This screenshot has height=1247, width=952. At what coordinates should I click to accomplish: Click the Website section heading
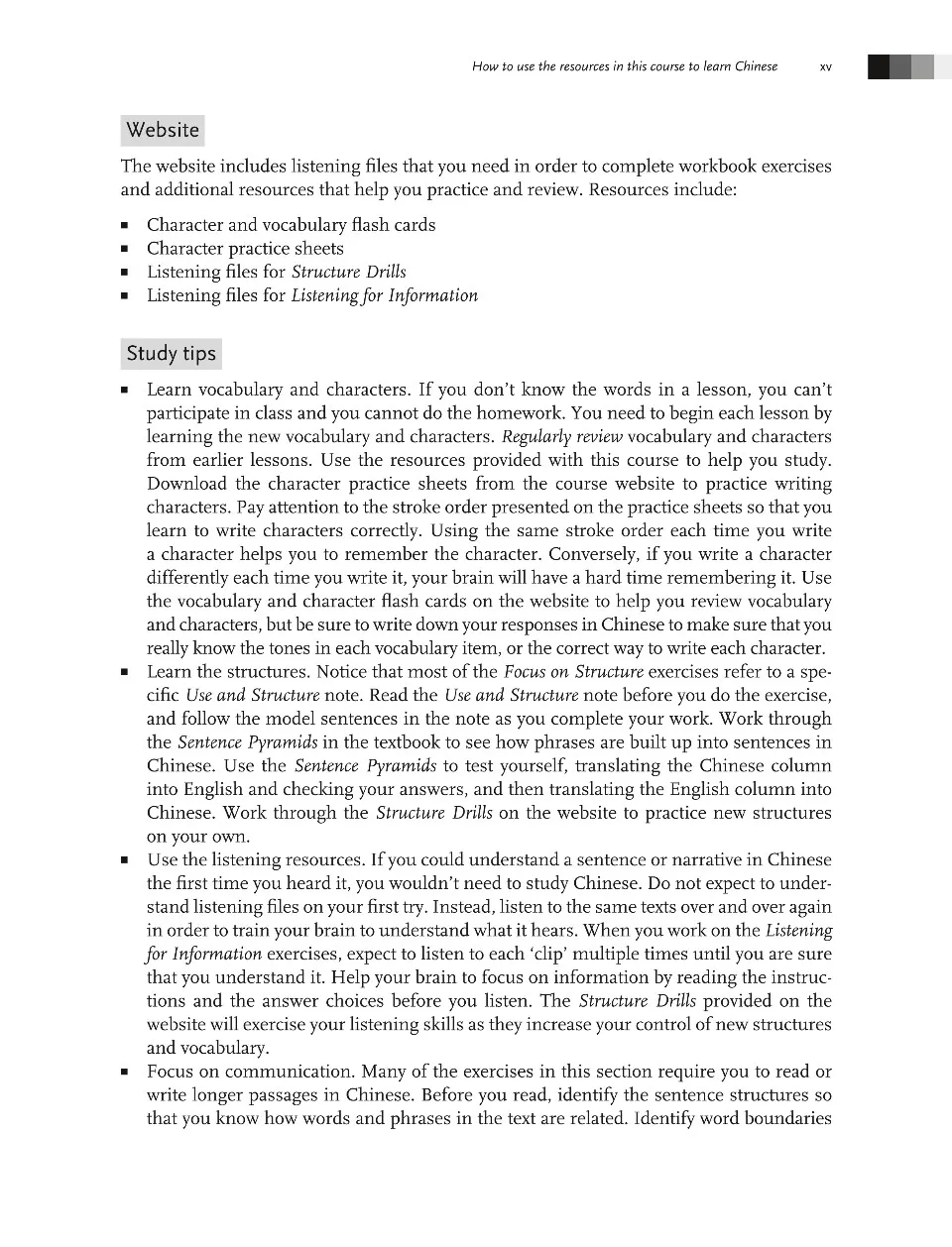[x=163, y=130]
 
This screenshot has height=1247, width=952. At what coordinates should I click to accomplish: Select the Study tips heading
[x=171, y=354]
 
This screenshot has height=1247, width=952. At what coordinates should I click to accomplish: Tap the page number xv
[x=826, y=67]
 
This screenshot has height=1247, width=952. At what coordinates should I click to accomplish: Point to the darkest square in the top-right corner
[x=879, y=66]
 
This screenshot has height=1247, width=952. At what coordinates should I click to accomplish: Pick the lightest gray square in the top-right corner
[x=923, y=66]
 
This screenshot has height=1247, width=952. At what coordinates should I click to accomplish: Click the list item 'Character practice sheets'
[x=245, y=249]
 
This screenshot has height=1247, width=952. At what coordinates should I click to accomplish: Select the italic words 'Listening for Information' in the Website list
[x=384, y=295]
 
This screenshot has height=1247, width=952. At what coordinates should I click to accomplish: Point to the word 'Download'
[x=185, y=484]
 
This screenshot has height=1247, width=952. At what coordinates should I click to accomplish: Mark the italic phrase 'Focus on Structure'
[x=573, y=672]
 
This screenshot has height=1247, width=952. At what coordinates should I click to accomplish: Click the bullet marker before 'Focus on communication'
[x=125, y=1073]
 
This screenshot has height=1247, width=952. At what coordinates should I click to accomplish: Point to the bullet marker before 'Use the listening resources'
[x=125, y=860]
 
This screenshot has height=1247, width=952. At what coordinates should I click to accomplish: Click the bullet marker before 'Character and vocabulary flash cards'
[x=125, y=226]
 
